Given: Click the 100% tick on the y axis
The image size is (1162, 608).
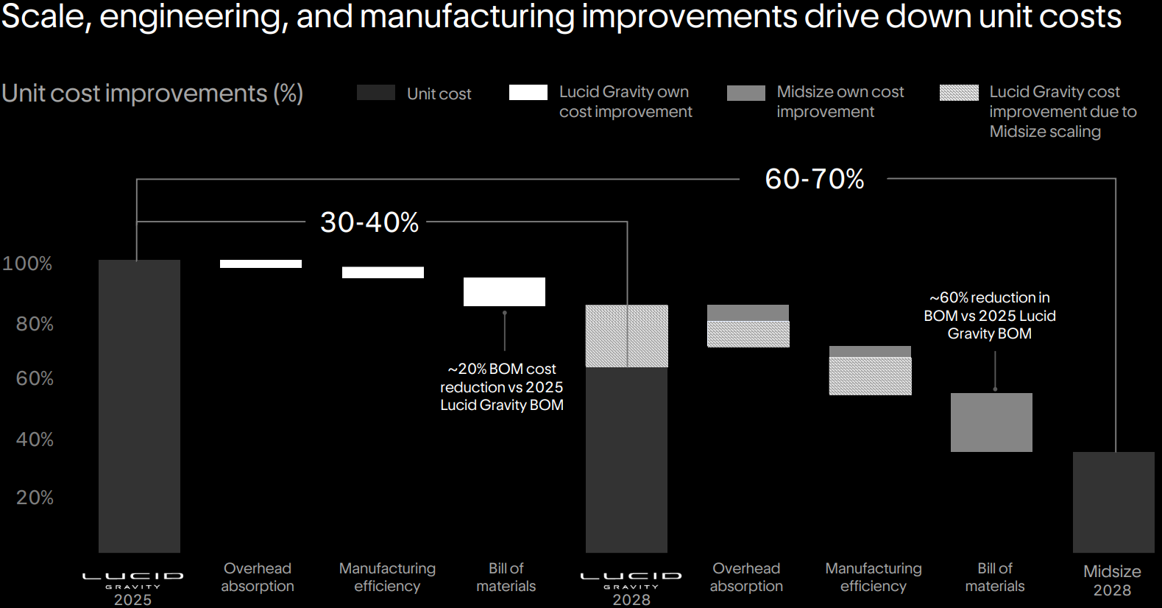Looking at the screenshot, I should (27, 264).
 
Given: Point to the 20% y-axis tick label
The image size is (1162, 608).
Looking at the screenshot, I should (35, 498).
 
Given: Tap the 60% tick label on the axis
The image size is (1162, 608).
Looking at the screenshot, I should (35, 378).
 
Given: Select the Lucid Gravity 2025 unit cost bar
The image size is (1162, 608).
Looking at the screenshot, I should (139, 406).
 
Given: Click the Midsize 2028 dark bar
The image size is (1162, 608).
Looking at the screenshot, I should (1113, 502).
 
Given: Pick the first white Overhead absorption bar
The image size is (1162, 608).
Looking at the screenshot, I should (261, 264).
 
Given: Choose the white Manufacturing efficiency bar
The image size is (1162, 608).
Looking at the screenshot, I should (383, 272).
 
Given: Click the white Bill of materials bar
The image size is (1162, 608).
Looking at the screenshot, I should (504, 291).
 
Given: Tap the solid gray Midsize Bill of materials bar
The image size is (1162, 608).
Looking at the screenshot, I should (991, 423).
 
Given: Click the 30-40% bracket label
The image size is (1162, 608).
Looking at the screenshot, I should (369, 222).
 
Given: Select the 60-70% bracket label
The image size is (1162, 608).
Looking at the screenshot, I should (814, 179).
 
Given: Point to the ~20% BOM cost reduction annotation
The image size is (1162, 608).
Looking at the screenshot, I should (502, 386).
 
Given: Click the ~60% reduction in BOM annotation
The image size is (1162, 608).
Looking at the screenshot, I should (990, 316).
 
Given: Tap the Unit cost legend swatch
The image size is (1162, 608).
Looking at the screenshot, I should (376, 93).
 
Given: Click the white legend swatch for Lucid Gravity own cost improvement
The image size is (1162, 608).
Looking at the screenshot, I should (528, 93).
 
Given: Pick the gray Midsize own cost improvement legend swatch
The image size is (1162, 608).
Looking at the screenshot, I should (746, 93).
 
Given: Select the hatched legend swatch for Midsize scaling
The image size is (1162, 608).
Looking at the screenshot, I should (959, 93).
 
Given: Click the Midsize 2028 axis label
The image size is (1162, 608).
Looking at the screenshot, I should (1112, 580).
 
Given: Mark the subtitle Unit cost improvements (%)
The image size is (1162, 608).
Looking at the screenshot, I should (152, 93).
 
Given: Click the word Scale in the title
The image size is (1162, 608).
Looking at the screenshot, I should (46, 17).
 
